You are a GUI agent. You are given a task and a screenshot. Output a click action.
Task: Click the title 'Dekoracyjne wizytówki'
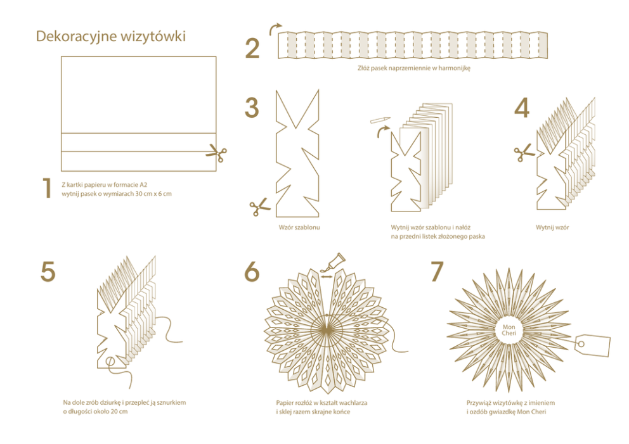pos(111,37)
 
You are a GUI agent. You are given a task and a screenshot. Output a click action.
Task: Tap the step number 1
pos(48,188)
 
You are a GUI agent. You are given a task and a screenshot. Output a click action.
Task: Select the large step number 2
pos(252,49)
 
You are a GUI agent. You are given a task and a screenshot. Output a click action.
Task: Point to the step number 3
pos(252,108)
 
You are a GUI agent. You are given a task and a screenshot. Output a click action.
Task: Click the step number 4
pos(522,108)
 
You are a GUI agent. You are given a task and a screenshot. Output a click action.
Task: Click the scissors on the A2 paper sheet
pos(217,153)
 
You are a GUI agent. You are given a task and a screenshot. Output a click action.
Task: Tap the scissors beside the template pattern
pos(260,207)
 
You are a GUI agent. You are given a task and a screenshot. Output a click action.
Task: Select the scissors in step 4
pos(525,153)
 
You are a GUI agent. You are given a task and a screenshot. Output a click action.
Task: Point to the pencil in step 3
pos(380,120)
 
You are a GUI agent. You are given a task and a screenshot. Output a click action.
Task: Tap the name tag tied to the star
pos(592,345)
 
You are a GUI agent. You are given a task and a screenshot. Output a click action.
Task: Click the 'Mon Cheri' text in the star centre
pos(509,330)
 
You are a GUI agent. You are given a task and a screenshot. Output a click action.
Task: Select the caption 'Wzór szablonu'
pos(299,227)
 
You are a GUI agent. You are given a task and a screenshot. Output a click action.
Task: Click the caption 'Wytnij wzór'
pos(552,227)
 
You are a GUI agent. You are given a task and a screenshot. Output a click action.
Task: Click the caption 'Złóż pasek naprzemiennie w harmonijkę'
pos(413,68)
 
